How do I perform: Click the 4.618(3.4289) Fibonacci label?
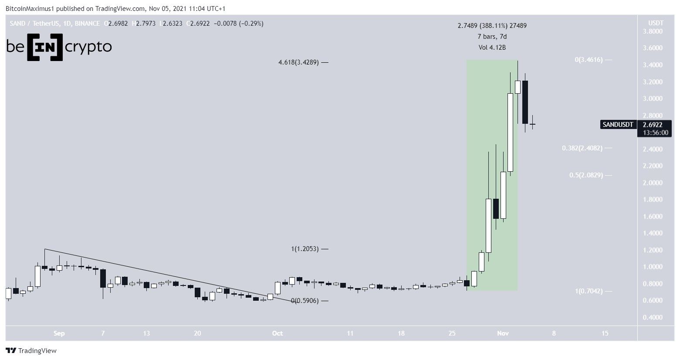click(x=298, y=62)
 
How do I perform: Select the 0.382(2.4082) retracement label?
click(x=582, y=148)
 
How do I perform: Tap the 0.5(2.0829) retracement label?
click(x=585, y=175)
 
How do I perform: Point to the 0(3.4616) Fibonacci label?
click(x=589, y=60)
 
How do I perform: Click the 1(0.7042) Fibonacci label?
click(x=589, y=291)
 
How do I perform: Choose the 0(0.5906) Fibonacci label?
click(x=304, y=301)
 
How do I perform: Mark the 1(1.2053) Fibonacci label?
click(x=304, y=249)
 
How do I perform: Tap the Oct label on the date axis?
click(x=277, y=333)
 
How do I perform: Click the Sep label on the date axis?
click(x=59, y=333)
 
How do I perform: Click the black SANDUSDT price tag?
click(x=618, y=125)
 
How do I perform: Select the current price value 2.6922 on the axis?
click(x=653, y=125)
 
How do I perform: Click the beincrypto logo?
click(x=59, y=47)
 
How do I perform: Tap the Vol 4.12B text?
click(x=492, y=48)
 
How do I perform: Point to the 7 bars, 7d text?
click(x=492, y=37)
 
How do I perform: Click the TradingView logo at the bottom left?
click(x=31, y=350)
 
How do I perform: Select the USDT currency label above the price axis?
click(x=656, y=23)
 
